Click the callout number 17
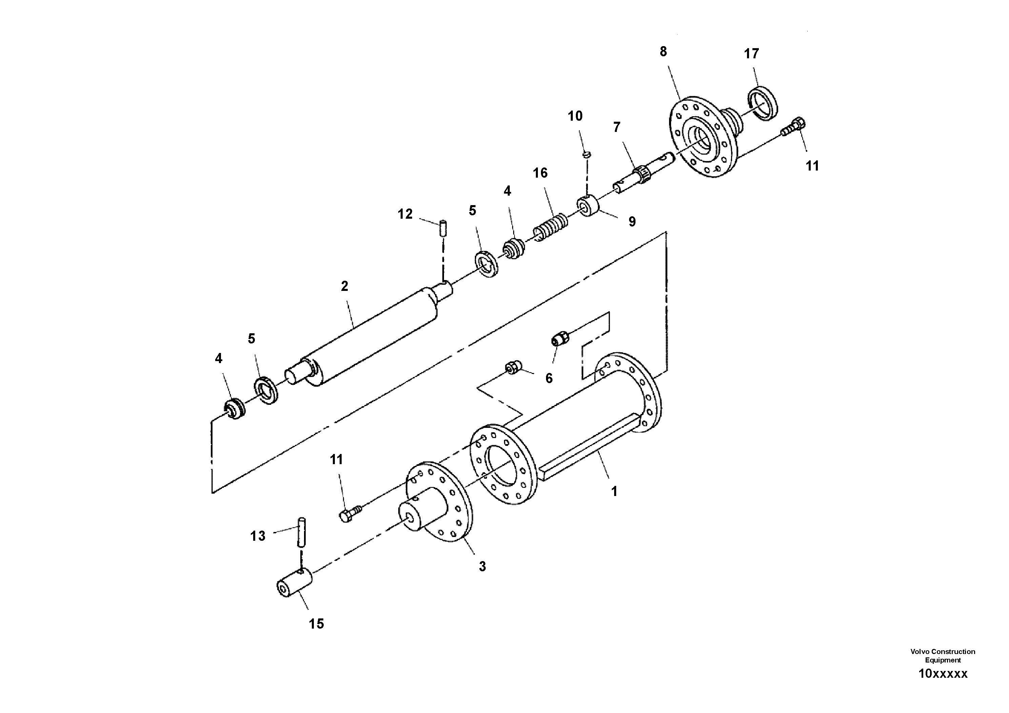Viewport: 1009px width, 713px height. [751, 54]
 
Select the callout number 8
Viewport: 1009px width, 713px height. [663, 52]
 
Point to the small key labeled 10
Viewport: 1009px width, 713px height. [586, 154]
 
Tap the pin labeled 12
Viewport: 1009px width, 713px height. [443, 228]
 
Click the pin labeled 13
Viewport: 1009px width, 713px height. [301, 533]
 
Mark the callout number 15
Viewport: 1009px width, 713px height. [316, 623]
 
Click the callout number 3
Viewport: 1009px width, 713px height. [482, 567]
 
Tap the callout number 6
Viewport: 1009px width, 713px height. [549, 378]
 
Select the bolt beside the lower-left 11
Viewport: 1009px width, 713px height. [350, 513]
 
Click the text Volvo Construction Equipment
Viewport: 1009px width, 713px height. [943, 655]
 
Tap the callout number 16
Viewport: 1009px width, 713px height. [540, 173]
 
